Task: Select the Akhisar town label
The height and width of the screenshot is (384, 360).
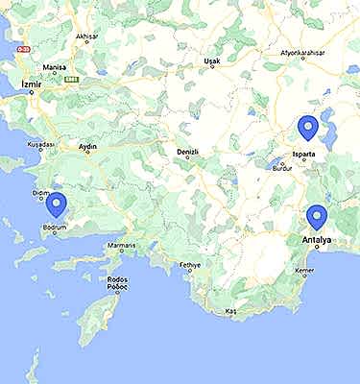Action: pyautogui.click(x=87, y=37)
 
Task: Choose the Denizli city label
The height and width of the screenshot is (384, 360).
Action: pyautogui.click(x=187, y=153)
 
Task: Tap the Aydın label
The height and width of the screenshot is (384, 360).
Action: pyautogui.click(x=88, y=148)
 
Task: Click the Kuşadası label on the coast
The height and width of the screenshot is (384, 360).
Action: pyautogui.click(x=42, y=144)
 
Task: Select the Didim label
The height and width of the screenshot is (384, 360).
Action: pyautogui.click(x=40, y=193)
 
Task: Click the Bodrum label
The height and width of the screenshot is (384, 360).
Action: pyautogui.click(x=52, y=228)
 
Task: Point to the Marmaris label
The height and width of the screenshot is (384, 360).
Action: pyautogui.click(x=122, y=246)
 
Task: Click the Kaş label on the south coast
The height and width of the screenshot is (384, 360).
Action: pyautogui.click(x=229, y=312)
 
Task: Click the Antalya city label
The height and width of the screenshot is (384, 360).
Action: pyautogui.click(x=316, y=239)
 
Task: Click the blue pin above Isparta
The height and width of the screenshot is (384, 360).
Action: pyautogui.click(x=307, y=127)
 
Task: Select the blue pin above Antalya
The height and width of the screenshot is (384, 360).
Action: pyautogui.click(x=316, y=217)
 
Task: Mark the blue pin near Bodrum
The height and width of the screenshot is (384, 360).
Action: pyautogui.click(x=57, y=204)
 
